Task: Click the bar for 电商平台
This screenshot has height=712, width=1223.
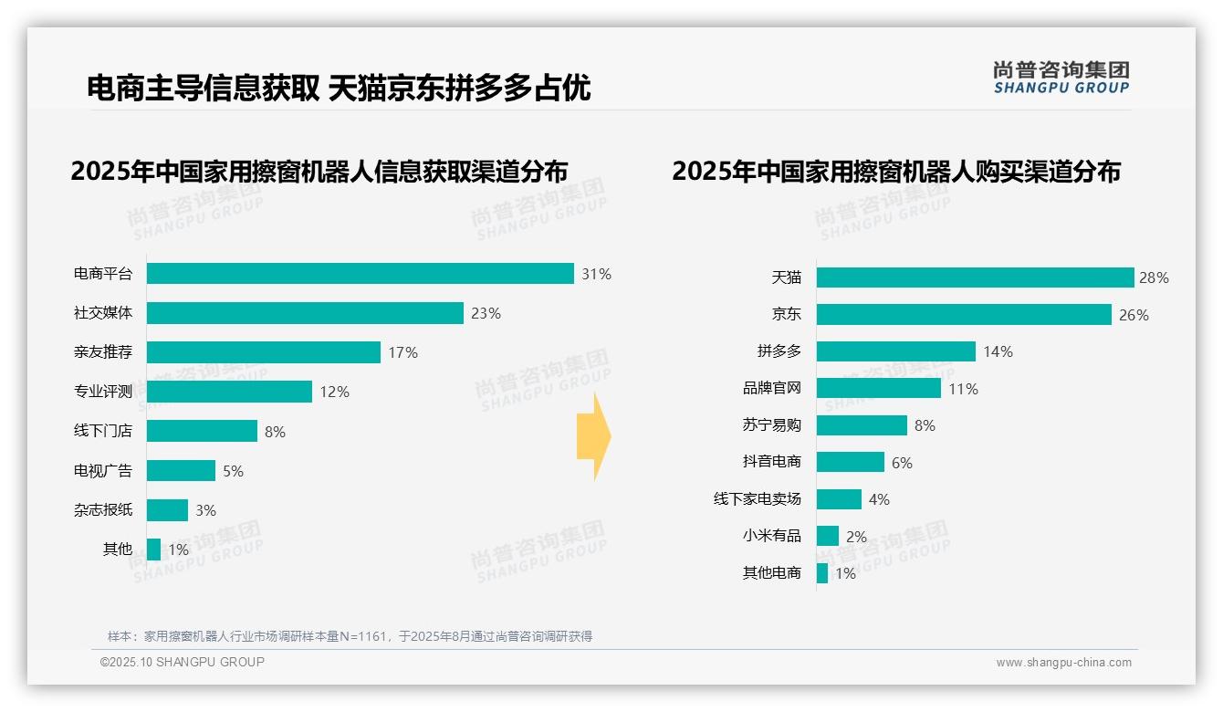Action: tap(360, 274)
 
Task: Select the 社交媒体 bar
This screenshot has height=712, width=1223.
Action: tap(305, 313)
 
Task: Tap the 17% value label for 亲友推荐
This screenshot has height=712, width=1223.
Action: tap(402, 352)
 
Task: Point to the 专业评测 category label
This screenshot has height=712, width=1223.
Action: tap(103, 392)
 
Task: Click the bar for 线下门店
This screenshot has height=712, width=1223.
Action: tap(202, 431)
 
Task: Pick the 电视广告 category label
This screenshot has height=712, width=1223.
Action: tap(103, 471)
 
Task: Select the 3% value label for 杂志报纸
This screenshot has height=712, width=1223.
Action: tap(205, 510)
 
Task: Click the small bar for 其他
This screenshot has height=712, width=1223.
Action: tap(153, 550)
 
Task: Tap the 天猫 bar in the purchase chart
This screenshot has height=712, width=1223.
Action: tap(975, 277)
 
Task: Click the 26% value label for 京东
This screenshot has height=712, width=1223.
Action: tap(1134, 315)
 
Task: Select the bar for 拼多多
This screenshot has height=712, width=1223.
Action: tap(895, 351)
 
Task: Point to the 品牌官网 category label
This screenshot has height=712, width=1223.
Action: tap(772, 388)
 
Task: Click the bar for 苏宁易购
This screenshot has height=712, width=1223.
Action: tap(862, 425)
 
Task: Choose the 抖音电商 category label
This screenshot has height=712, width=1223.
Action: tap(772, 462)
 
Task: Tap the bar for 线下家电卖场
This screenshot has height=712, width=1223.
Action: tap(839, 499)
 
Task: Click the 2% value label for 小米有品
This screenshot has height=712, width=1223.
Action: tap(856, 537)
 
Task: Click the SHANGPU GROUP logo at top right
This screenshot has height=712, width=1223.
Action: tap(1061, 78)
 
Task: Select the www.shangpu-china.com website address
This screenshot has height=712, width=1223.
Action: tap(1063, 663)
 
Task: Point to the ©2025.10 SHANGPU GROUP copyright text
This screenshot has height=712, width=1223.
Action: tap(183, 662)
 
